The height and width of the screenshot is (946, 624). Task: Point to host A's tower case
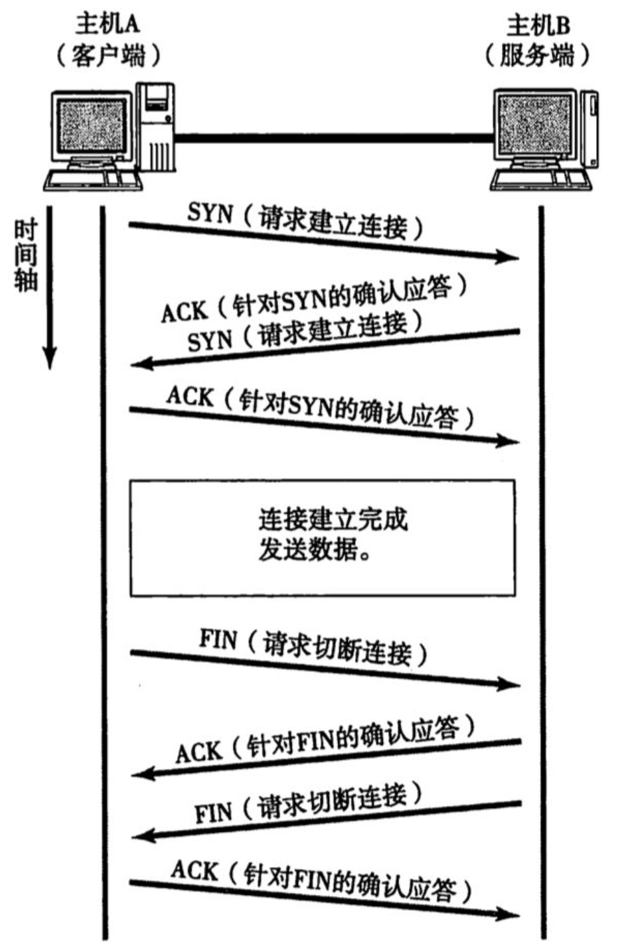pos(155,126)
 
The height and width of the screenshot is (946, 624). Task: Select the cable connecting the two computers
pos(332,138)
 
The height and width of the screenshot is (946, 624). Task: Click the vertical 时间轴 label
pos(27,256)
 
